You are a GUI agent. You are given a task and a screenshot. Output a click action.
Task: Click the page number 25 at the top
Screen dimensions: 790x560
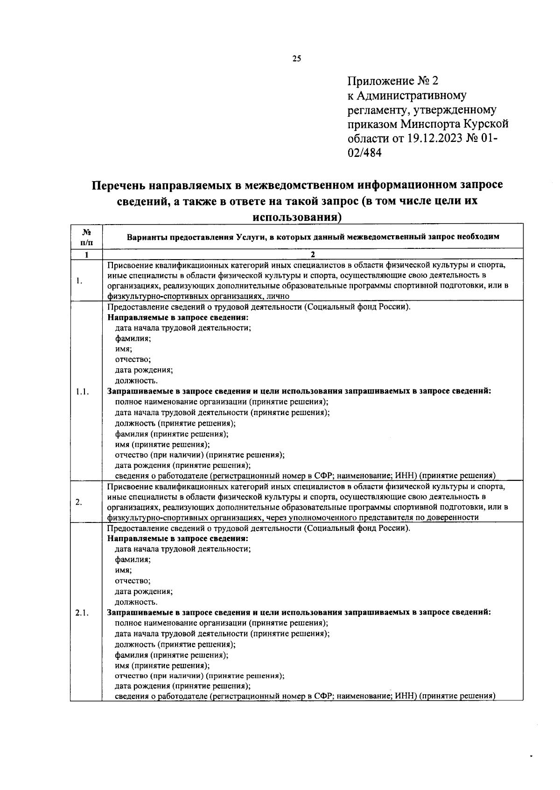297,58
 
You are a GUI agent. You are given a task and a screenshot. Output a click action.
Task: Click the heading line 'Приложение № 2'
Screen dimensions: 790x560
393,81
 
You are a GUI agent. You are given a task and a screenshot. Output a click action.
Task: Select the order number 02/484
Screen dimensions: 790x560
364,153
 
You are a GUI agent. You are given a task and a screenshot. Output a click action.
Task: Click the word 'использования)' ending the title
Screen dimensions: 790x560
296,217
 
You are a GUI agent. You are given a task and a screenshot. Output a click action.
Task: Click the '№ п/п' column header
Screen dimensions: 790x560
86,236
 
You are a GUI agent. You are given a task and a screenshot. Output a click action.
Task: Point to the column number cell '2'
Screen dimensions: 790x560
313,254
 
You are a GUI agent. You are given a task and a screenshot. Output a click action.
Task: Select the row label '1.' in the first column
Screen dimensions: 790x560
79,281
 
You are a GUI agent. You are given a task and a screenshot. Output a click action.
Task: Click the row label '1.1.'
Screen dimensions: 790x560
82,392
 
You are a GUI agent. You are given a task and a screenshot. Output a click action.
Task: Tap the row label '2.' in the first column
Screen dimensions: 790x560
79,502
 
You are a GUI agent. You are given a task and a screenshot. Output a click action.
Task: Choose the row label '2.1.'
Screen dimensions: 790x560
82,613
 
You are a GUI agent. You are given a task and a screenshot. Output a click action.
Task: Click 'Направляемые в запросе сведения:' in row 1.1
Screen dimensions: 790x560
178,317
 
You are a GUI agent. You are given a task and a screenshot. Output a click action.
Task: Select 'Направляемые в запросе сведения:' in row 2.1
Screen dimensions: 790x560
178,538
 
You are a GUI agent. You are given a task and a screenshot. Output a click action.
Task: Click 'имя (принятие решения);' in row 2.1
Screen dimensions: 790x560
162,665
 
